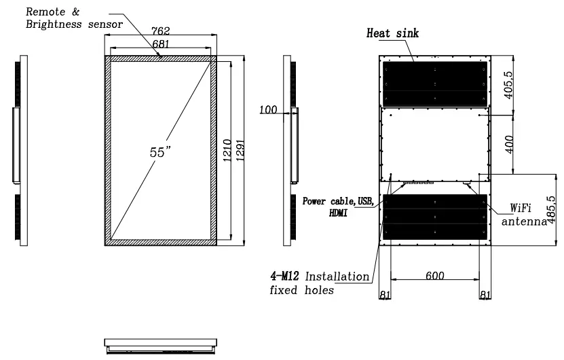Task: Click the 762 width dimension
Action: click(160, 31)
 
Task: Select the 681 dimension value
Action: click(160, 43)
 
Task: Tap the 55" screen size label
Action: click(159, 152)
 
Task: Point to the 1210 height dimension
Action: click(227, 150)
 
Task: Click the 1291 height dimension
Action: click(240, 150)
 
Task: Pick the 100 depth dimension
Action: click(268, 109)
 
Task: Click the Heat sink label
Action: click(392, 33)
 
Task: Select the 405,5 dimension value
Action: click(508, 85)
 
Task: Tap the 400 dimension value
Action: click(509, 144)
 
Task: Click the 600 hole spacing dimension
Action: click(435, 275)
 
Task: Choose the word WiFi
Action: click(521, 208)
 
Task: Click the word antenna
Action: click(524, 221)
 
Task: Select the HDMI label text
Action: click(338, 213)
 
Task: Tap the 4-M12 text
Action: click(284, 276)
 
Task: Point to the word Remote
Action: click(45, 12)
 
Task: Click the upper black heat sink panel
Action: click(435, 84)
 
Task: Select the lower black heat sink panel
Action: click(435, 217)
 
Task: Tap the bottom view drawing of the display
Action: click(161, 345)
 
